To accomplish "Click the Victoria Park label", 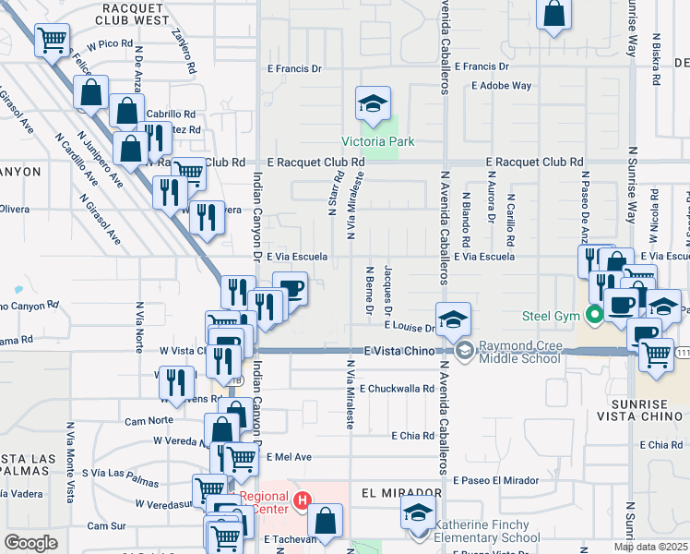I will [x=377, y=141].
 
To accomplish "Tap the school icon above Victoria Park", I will [x=373, y=104].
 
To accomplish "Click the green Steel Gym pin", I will [x=595, y=316].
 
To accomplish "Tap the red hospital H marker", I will [x=301, y=502].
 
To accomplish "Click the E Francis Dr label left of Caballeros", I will [x=294, y=67].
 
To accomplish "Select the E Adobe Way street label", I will [x=501, y=86].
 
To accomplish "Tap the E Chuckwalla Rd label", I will [x=397, y=389].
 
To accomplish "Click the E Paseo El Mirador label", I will [x=495, y=480].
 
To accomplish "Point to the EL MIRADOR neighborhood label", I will [x=390, y=493].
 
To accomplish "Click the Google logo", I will [x=30, y=543].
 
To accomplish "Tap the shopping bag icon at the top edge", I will [x=553, y=15].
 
